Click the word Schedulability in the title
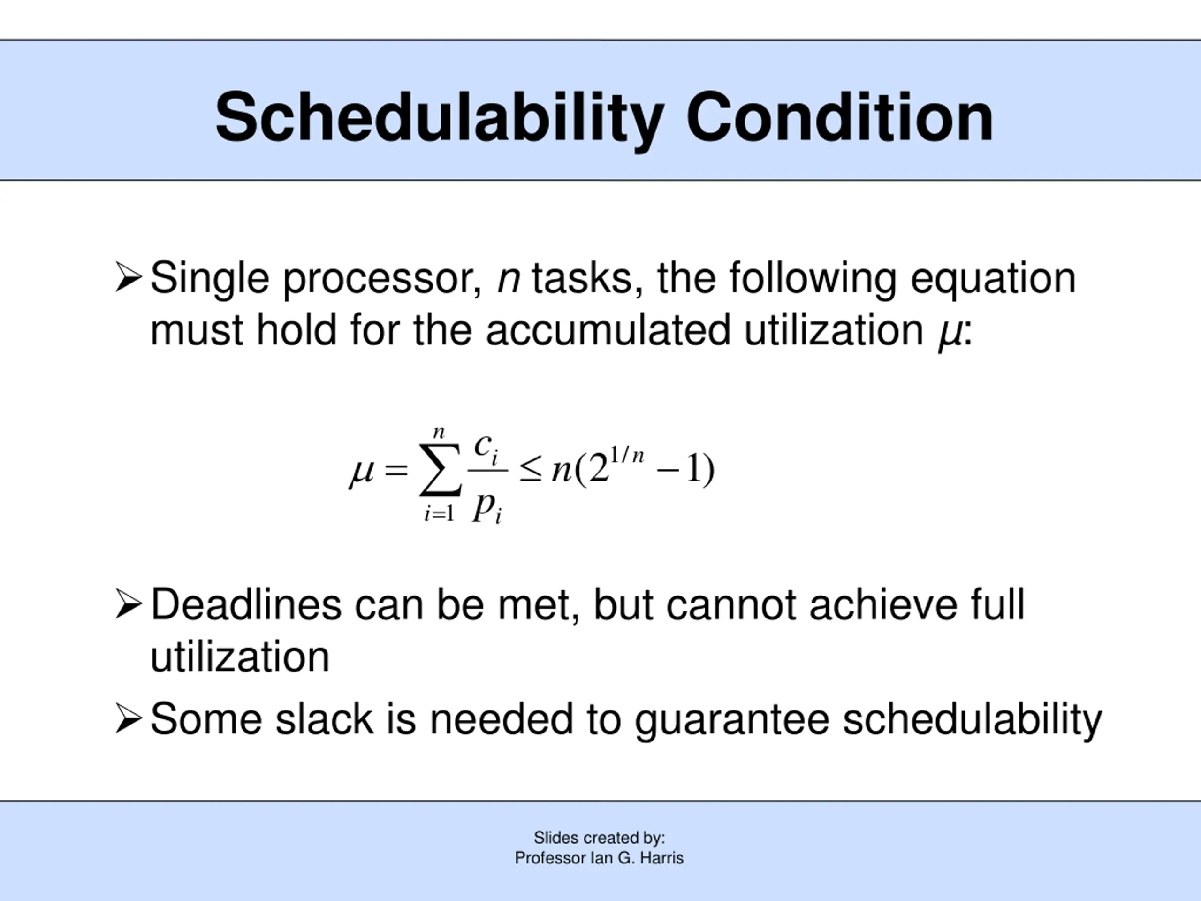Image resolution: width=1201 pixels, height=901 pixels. pos(439,118)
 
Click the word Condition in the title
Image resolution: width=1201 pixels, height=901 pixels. pos(840,117)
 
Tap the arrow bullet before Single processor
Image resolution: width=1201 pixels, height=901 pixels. pos(129,277)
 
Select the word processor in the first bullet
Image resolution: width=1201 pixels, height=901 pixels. pos(382,279)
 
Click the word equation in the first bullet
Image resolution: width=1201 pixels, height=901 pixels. pos(993,279)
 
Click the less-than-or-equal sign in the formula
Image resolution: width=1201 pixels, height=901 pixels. pos(531,469)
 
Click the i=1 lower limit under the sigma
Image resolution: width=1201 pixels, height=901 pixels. pos(439,513)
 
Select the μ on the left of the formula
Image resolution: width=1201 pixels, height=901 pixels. pos(362,473)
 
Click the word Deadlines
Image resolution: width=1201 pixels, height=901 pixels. pos(246,604)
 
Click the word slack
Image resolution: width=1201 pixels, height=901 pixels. pos(324,718)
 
